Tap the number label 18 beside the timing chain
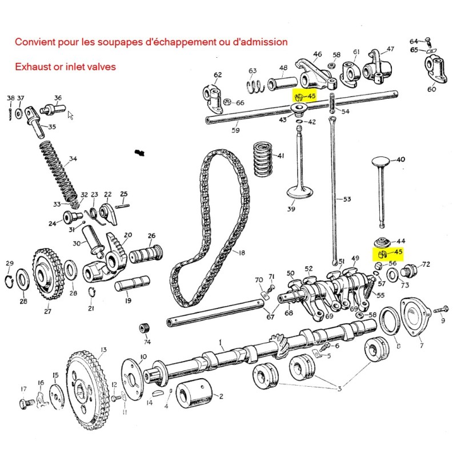point(242,252)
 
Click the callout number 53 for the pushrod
point(347,199)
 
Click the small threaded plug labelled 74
point(145,330)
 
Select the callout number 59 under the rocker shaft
point(219,130)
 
